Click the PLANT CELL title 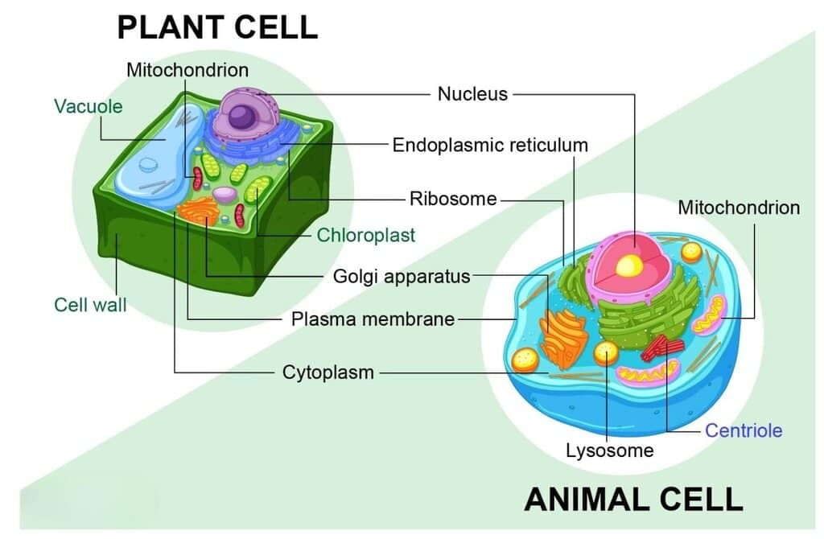(217, 27)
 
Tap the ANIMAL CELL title (633, 499)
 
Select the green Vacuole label (89, 106)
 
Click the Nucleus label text (472, 94)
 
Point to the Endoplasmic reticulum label (490, 146)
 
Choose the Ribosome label (453, 199)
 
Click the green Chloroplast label (366, 235)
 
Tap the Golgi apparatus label (402, 277)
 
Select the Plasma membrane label (373, 319)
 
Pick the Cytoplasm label (328, 372)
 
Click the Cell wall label (90, 305)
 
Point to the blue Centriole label (744, 430)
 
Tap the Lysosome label (609, 451)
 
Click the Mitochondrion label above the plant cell (187, 70)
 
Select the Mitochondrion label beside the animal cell (739, 208)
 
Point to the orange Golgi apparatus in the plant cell (197, 212)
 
